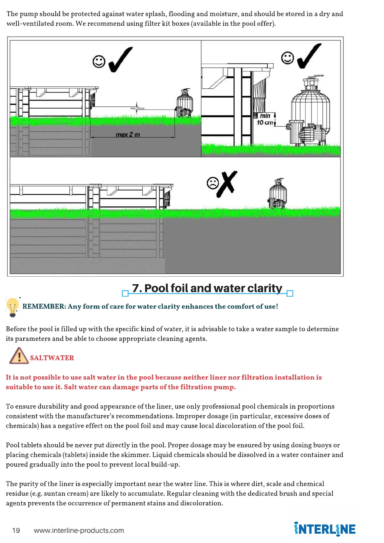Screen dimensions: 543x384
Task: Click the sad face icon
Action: (x=212, y=183)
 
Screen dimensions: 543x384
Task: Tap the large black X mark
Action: (x=228, y=183)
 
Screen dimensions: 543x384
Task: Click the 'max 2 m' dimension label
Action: (x=128, y=134)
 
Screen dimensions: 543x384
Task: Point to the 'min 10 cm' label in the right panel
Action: (x=265, y=119)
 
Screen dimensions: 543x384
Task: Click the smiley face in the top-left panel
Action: (x=99, y=61)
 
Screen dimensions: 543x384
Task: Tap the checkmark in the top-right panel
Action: (x=309, y=56)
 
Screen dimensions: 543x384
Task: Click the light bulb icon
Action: (x=13, y=307)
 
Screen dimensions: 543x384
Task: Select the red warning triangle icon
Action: (x=19, y=356)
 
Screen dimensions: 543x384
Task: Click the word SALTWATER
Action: (x=52, y=358)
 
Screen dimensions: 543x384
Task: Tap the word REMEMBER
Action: (x=44, y=306)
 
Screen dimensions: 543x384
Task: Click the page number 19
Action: (x=16, y=530)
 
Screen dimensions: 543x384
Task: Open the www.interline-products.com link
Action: (x=79, y=530)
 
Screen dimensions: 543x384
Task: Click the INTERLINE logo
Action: (x=324, y=529)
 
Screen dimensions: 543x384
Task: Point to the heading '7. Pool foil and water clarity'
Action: (x=207, y=288)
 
